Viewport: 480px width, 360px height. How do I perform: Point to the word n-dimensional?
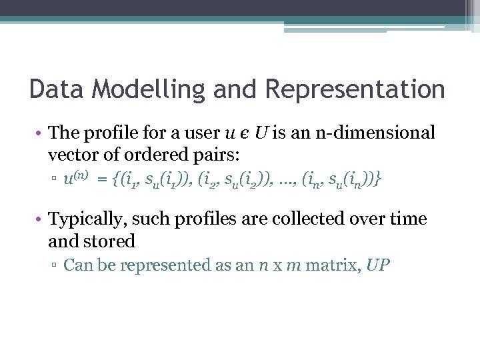[x=369, y=133]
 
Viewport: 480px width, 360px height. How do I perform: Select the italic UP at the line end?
[x=377, y=265]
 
